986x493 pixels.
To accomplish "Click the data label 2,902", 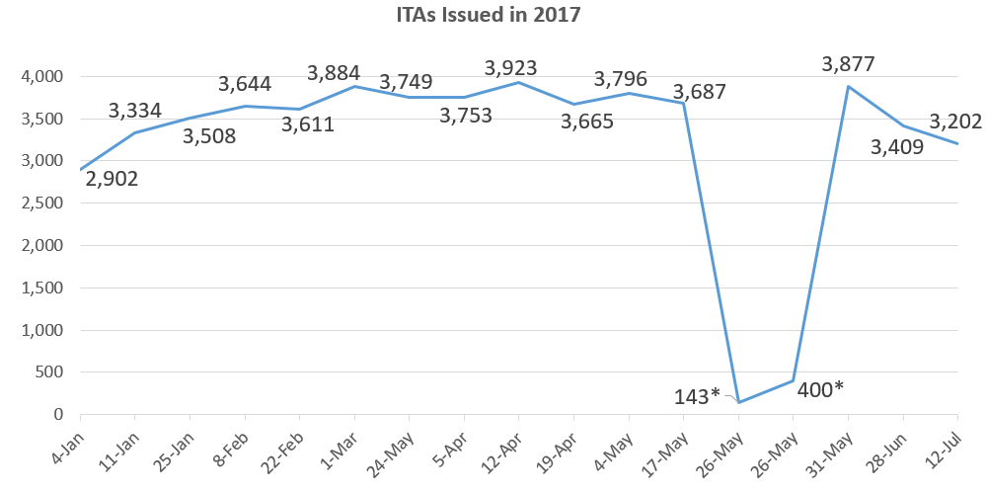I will [112, 179].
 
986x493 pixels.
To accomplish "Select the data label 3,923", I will [510, 68].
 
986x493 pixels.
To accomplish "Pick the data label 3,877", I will [848, 65].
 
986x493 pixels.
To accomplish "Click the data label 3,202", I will [955, 122].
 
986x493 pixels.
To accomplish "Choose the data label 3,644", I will [245, 84].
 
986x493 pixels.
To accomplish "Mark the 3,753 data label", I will [466, 115].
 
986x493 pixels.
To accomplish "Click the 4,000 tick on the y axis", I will [42, 76].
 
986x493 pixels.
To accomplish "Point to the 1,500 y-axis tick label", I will [42, 288].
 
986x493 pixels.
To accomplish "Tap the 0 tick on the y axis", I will [58, 415].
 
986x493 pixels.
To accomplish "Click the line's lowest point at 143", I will [738, 402].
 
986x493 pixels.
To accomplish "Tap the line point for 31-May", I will [848, 86].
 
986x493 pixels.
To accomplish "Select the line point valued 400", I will [794, 380].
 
